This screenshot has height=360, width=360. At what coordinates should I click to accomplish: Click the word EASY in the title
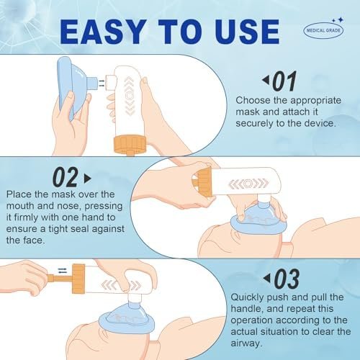pyautogui.click(x=104, y=32)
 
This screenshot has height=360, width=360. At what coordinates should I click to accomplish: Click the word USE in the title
pyautogui.click(x=247, y=32)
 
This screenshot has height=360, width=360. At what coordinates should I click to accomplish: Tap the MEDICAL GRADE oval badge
pyautogui.click(x=323, y=30)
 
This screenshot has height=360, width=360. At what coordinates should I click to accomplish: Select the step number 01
pyautogui.click(x=285, y=81)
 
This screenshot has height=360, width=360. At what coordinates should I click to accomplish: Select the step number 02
pyautogui.click(x=66, y=178)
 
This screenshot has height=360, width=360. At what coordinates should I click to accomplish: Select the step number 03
pyautogui.click(x=287, y=279)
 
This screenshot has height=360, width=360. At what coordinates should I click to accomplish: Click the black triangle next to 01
pyautogui.click(x=266, y=80)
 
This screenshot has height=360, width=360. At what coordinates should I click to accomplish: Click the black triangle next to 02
pyautogui.click(x=88, y=179)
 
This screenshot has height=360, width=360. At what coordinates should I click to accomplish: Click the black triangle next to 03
pyautogui.click(x=266, y=278)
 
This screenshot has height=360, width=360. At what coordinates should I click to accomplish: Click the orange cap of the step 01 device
pyautogui.click(x=130, y=145)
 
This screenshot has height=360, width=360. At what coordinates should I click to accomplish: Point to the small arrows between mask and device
pyautogui.click(x=102, y=83)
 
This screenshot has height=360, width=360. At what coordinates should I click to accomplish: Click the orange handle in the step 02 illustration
pyautogui.click(x=203, y=182)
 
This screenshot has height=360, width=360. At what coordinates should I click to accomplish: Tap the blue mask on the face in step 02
pyautogui.click(x=258, y=217)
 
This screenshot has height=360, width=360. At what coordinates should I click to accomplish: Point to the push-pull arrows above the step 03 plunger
pyautogui.click(x=63, y=271)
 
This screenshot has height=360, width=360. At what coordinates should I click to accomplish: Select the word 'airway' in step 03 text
pyautogui.click(x=246, y=343)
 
